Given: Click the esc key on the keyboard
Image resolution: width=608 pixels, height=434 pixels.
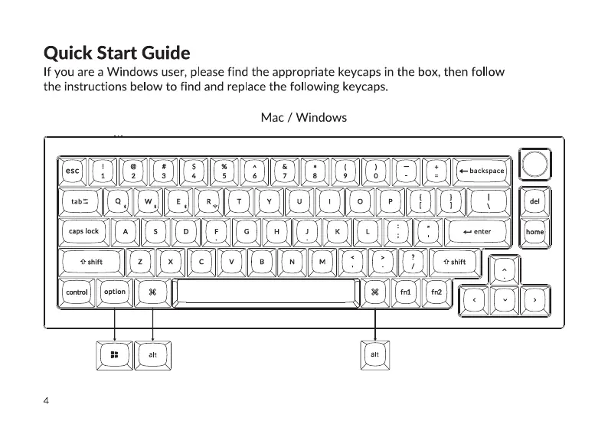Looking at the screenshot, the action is (73, 171).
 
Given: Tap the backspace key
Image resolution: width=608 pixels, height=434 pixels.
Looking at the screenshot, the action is (482, 171).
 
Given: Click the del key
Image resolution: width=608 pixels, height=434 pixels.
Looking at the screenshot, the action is (534, 201).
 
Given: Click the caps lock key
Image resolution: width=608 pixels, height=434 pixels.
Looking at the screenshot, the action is (83, 231).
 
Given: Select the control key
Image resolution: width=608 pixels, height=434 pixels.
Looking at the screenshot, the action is (77, 292).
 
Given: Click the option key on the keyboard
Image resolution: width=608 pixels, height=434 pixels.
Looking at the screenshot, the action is (115, 292).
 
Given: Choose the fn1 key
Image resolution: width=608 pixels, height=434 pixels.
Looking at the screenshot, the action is (406, 292).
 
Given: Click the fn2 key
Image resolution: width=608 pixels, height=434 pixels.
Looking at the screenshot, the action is (436, 292).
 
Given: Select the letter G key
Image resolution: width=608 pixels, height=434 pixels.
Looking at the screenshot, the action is (247, 231).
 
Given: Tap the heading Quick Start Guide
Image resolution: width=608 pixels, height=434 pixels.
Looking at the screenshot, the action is (117, 54).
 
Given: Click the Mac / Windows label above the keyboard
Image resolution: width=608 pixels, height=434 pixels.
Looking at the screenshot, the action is (303, 118).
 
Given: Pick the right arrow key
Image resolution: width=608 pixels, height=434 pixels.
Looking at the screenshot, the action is (534, 299).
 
